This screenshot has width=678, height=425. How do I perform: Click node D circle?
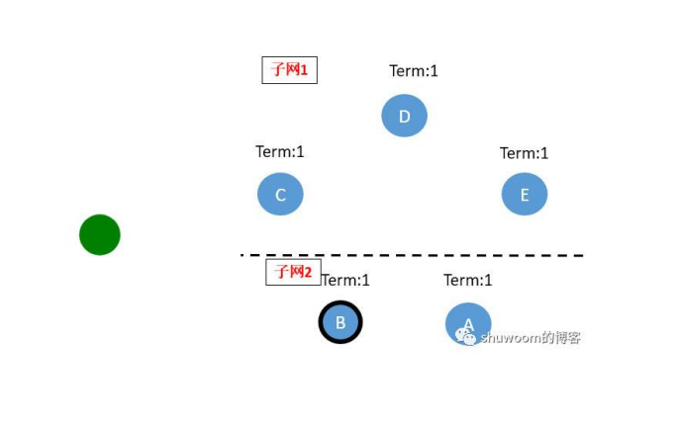(x=404, y=116)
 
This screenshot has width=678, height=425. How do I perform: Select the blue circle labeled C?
(x=280, y=194)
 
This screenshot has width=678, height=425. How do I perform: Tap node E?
(x=525, y=194)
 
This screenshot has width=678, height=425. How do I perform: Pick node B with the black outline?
(x=340, y=322)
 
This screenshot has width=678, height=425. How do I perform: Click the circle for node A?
(x=468, y=318)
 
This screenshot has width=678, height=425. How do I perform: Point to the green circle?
(x=100, y=234)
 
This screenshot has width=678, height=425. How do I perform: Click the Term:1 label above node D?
(x=414, y=71)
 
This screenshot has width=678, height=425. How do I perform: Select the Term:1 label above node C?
(x=280, y=151)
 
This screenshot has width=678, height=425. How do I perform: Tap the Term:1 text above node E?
(x=524, y=153)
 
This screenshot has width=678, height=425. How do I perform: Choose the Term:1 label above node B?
(x=346, y=280)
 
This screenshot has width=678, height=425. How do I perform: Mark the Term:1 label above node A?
(x=467, y=280)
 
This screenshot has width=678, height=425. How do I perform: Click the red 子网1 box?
(x=290, y=70)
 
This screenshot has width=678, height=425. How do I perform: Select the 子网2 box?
(x=293, y=272)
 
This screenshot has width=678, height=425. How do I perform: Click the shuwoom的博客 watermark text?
(x=530, y=338)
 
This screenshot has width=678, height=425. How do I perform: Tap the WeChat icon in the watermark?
(x=466, y=337)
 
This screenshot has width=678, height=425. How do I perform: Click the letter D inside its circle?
(x=404, y=117)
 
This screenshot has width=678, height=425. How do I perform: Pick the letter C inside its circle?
(x=280, y=195)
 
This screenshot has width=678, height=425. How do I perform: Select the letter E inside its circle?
(x=525, y=195)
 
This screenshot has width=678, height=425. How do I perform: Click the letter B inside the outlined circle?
(x=340, y=322)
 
